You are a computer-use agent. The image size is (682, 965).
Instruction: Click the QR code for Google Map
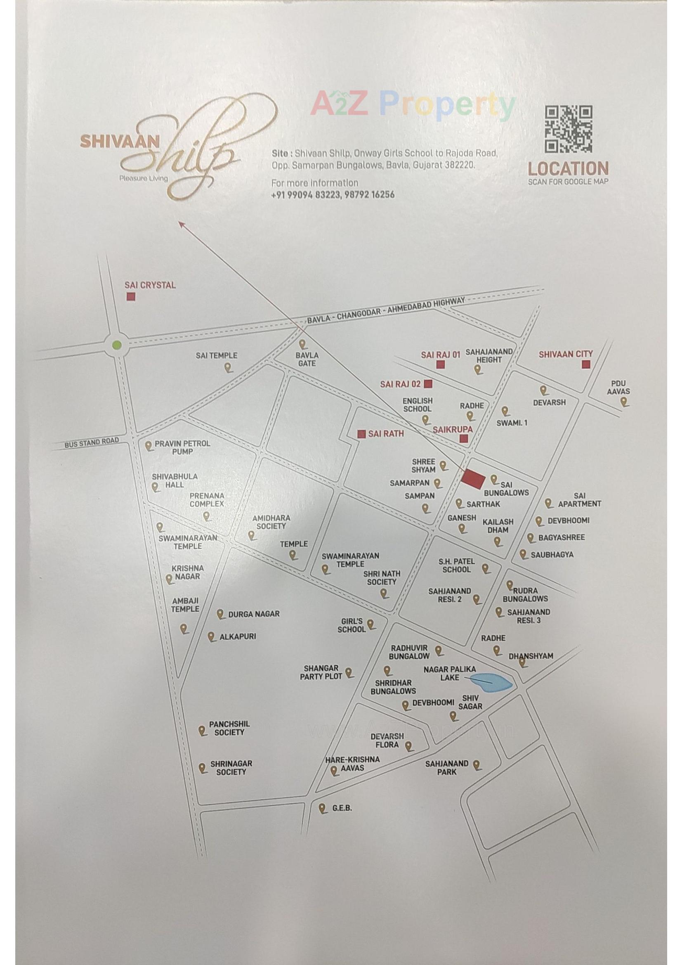(x=569, y=130)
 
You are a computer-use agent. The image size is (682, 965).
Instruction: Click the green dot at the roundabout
(x=117, y=345)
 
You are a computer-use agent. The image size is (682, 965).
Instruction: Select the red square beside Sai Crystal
(x=131, y=297)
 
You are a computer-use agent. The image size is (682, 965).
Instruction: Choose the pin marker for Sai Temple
(x=229, y=369)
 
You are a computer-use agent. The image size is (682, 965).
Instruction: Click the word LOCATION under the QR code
(x=568, y=169)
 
